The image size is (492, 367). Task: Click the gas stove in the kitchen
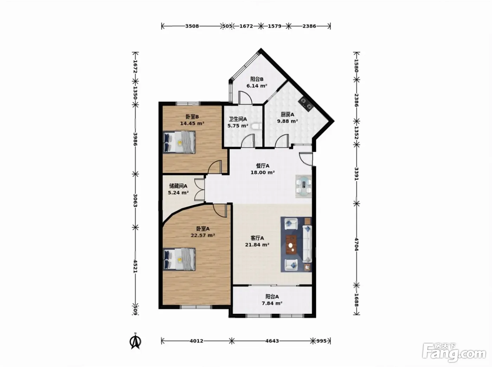[306, 104]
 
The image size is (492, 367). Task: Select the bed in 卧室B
[179, 142]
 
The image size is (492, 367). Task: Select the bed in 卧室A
[179, 259]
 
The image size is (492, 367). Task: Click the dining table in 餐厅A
[304, 186]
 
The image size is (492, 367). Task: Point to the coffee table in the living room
[291, 245]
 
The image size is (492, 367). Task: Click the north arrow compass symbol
[135, 341]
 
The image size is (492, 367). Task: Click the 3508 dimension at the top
[192, 26]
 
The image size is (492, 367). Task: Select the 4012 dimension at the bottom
[196, 341]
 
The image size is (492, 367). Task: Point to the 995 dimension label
[322, 341]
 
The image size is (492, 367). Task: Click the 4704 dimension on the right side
[357, 244]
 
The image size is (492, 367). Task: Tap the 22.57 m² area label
[203, 235]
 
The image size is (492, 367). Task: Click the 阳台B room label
[257, 79]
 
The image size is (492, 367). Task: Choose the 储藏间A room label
[178, 186]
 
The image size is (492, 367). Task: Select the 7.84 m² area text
[272, 303]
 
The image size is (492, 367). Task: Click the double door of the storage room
[200, 189]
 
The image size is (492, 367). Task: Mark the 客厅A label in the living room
[257, 238]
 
